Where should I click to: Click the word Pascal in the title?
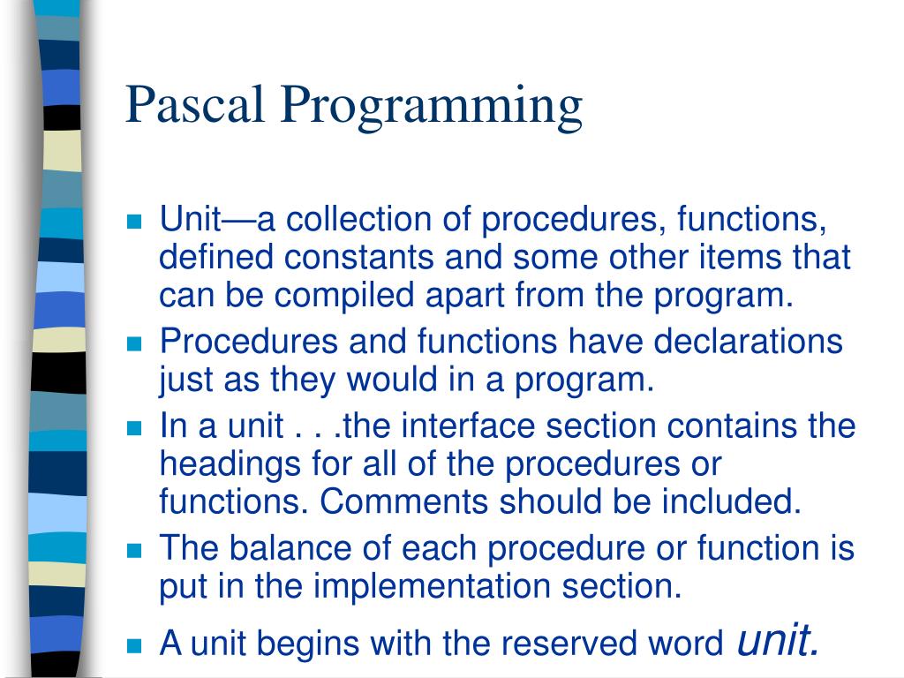pos(196,104)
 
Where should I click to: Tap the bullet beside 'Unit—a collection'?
pos(134,222)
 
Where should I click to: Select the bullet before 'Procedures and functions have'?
pos(134,343)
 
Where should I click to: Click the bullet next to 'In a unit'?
pos(134,429)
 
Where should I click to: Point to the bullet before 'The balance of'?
pos(134,551)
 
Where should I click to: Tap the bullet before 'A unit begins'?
pos(134,644)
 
